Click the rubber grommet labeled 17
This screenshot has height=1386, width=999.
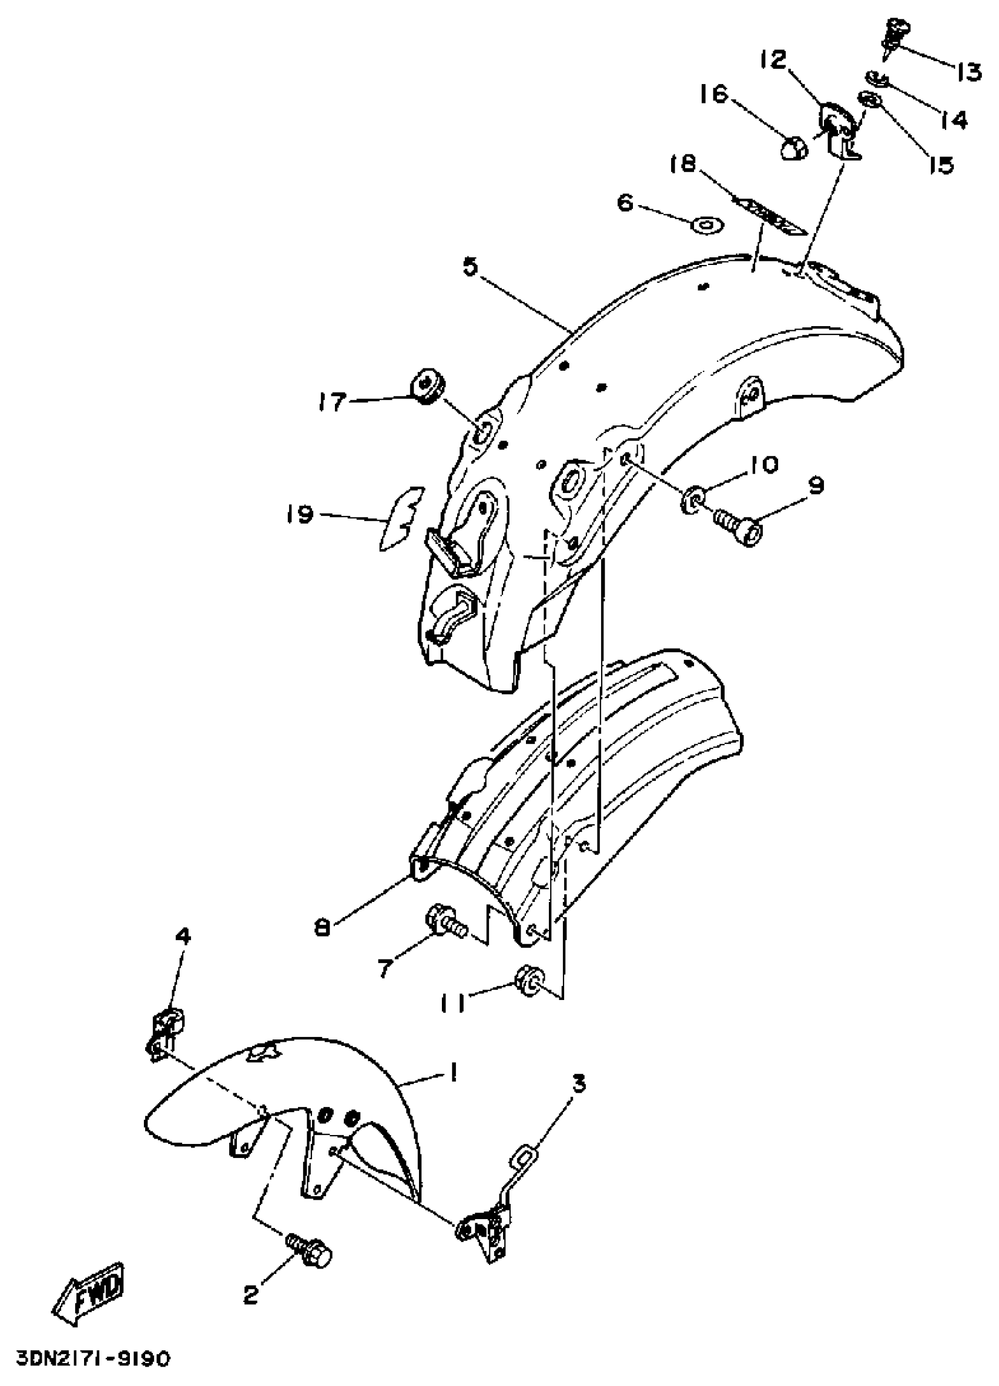(426, 385)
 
